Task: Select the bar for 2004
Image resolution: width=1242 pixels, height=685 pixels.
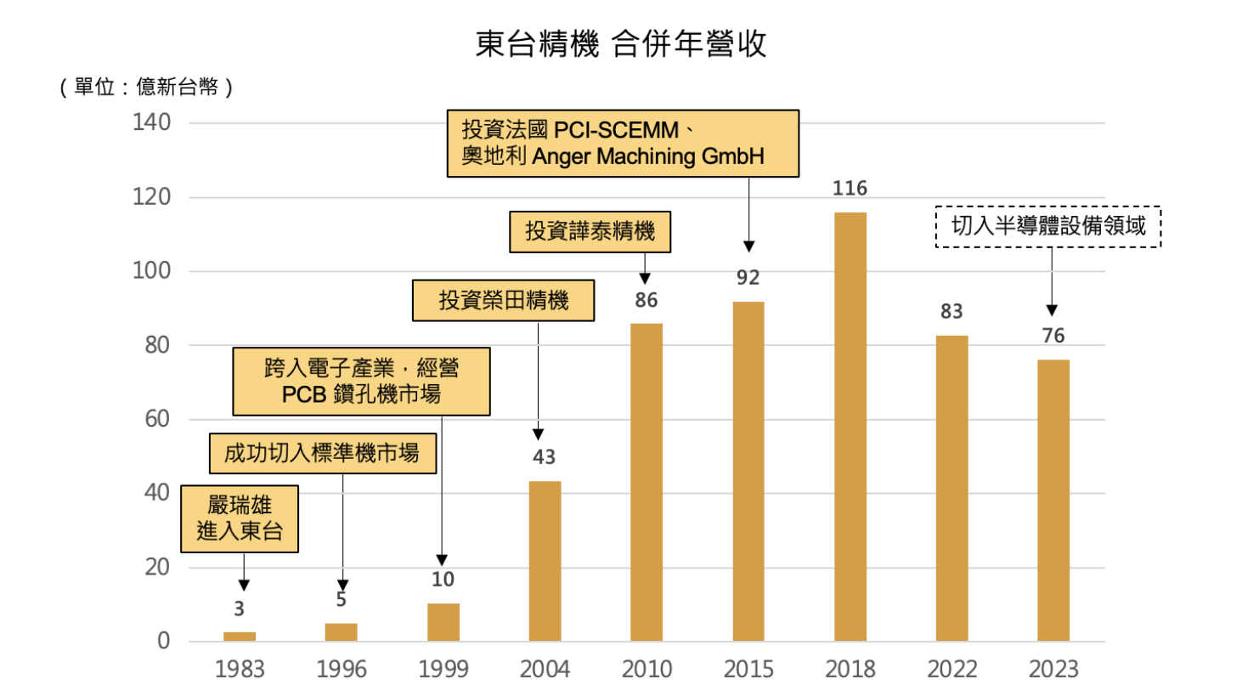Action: (545, 561)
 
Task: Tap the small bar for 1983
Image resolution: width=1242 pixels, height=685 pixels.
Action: (240, 636)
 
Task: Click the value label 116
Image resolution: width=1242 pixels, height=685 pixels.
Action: (850, 189)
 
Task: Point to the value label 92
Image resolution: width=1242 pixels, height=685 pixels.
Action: (748, 278)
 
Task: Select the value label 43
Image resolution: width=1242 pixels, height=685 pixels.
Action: (544, 457)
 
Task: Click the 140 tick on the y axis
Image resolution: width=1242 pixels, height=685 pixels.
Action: (152, 123)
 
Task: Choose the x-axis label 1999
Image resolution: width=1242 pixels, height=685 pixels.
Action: (443, 669)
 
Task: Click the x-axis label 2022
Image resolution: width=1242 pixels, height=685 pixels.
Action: (951, 669)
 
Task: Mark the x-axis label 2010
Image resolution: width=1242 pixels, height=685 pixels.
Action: (646, 669)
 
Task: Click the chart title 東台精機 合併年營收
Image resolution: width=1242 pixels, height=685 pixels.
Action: (621, 45)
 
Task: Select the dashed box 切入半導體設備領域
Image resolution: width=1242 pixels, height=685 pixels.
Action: (1047, 227)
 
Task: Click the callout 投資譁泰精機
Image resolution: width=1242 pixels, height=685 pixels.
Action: (590, 232)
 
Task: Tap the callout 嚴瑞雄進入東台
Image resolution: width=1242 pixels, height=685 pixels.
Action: (245, 519)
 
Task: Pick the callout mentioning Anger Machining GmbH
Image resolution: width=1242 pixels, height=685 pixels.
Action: (624, 143)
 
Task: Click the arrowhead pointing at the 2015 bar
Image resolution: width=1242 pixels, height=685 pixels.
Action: (748, 246)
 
